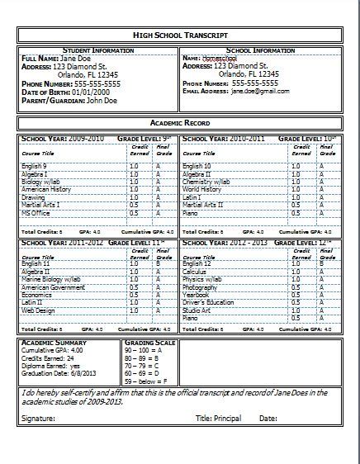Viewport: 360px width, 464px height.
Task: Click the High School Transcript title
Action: (179, 35)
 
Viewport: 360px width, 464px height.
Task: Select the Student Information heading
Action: (97, 50)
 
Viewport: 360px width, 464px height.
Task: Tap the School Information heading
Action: (259, 50)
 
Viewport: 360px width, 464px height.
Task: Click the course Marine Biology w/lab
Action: (50, 278)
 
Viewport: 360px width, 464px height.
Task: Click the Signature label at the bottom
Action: (38, 419)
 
